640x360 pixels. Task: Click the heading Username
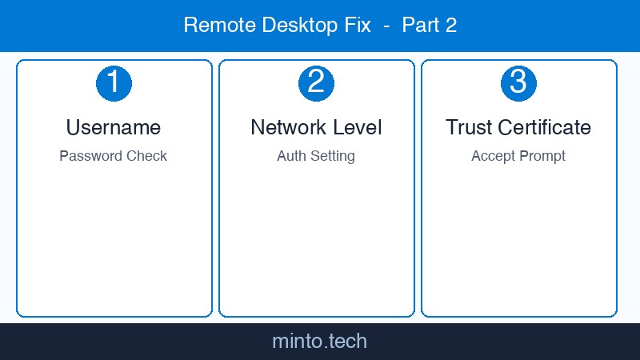tap(114, 127)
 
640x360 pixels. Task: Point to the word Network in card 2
tap(287, 127)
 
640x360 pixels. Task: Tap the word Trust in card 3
tap(469, 127)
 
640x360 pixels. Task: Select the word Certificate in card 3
tap(545, 127)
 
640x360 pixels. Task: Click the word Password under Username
tap(86, 156)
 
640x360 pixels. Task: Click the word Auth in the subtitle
tap(291, 156)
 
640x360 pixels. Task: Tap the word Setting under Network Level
tap(332, 156)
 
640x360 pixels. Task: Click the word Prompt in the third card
tap(542, 156)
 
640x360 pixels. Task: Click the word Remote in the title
tap(214, 26)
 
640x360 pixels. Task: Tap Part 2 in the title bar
tap(429, 26)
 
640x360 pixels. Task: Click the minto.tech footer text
tap(319, 342)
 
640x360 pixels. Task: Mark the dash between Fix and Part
tap(386, 26)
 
